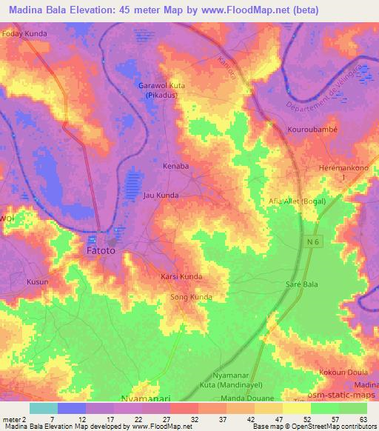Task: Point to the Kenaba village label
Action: click(176, 167)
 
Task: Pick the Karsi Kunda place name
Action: click(181, 276)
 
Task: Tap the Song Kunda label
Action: click(191, 297)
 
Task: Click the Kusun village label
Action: click(37, 282)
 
